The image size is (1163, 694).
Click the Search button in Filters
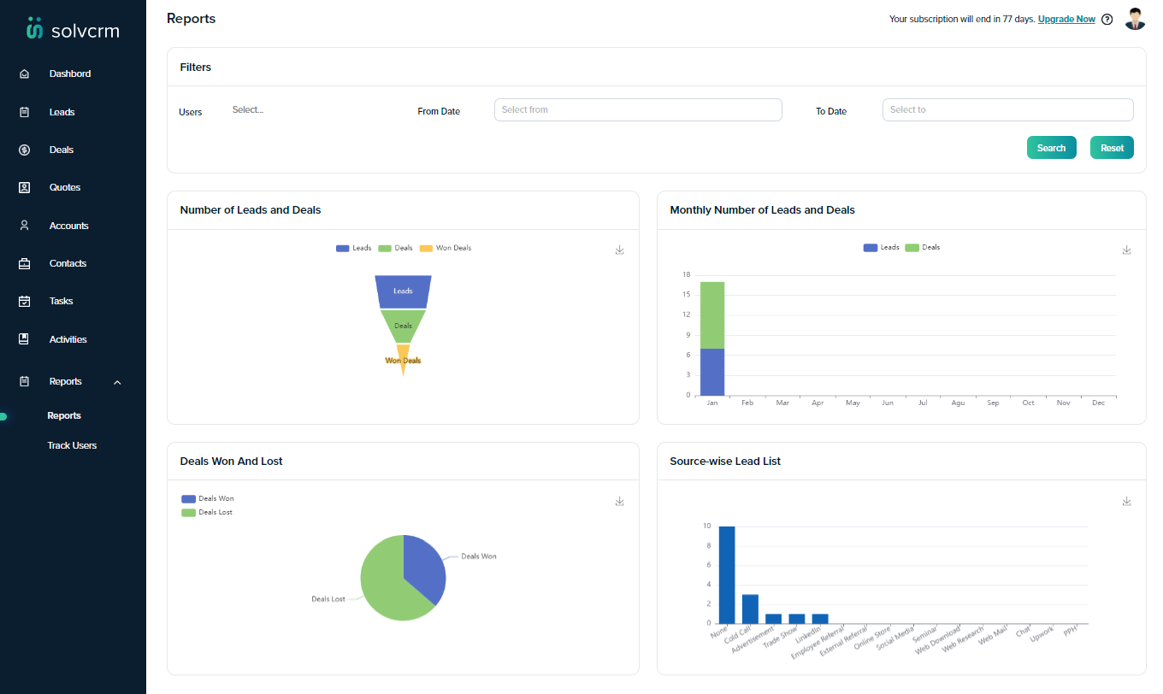click(x=1051, y=148)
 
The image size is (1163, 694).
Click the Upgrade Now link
click(x=1066, y=19)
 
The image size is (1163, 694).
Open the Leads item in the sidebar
click(x=62, y=112)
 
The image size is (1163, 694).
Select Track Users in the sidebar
click(x=72, y=445)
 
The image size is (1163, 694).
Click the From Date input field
click(x=638, y=109)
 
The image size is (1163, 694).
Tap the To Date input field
click(x=1007, y=109)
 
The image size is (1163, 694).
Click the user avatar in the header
click(x=1135, y=19)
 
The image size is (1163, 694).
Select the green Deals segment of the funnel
click(x=403, y=326)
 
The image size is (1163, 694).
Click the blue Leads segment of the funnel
click(x=403, y=291)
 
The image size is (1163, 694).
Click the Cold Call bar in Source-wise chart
click(x=750, y=609)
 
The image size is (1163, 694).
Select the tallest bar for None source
click(x=727, y=574)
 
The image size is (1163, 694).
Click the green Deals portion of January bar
click(x=712, y=315)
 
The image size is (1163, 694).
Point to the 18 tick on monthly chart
click(x=686, y=274)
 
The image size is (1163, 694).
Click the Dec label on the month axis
click(x=1098, y=403)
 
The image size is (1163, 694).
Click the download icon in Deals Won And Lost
click(x=620, y=501)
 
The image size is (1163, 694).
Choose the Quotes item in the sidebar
click(x=64, y=187)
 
